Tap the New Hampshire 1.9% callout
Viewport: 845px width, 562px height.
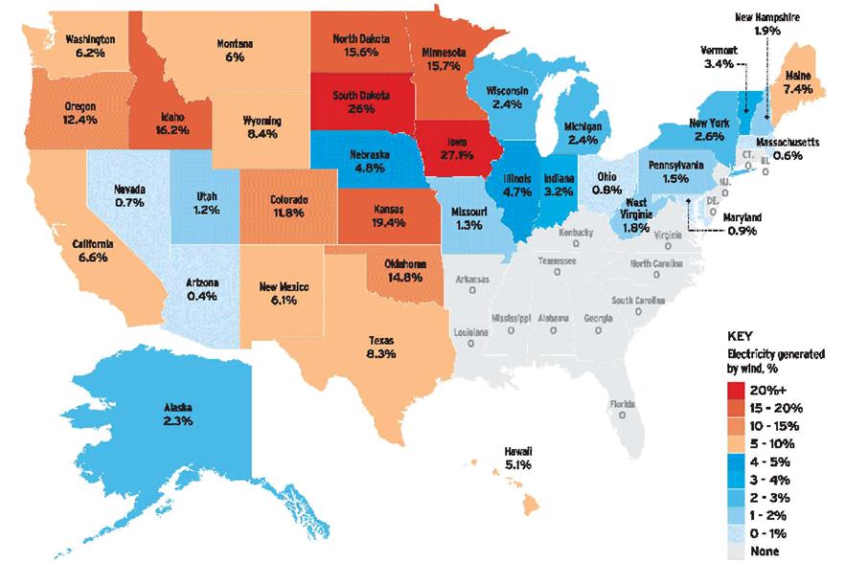pos(767,24)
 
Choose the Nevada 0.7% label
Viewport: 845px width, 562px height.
pos(128,196)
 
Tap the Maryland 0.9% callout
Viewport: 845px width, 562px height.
pos(742,223)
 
